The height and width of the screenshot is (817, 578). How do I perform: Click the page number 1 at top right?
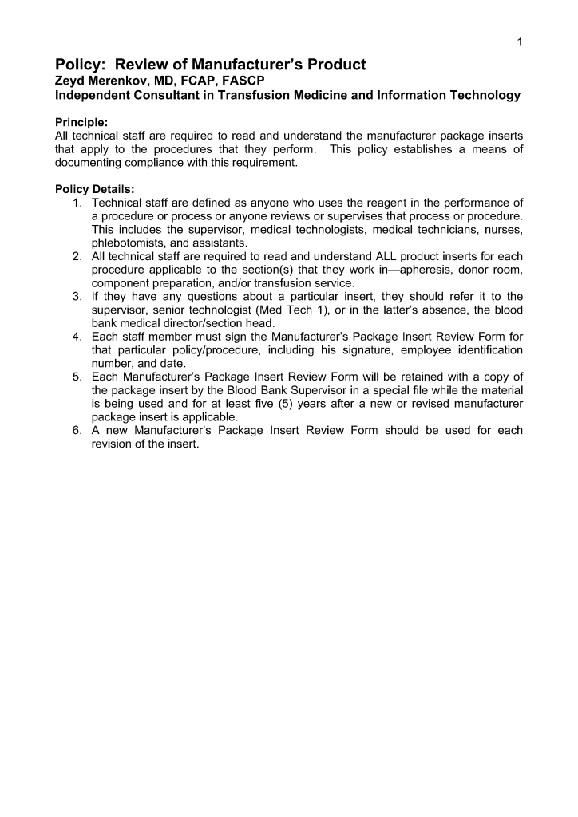tap(520, 42)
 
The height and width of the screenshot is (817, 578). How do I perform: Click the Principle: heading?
tap(81, 122)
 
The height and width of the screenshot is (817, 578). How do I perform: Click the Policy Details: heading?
tap(89, 189)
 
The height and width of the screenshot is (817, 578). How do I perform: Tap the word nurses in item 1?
tap(504, 230)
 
